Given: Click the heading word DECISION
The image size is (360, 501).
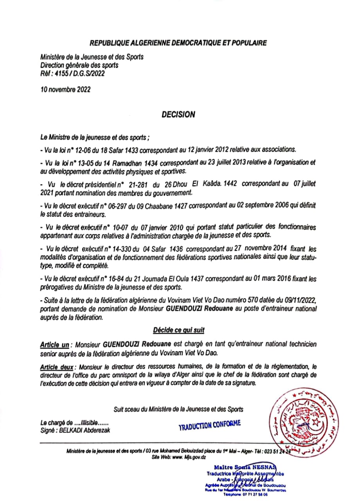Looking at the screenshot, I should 178,115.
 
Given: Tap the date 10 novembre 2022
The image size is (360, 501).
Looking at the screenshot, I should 65,89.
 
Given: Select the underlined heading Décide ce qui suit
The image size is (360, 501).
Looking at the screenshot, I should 179,330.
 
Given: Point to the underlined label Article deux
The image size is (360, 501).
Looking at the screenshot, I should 58,367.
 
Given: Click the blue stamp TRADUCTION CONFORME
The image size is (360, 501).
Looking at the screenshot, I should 209,425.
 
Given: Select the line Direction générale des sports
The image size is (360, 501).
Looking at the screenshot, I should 79,65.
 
